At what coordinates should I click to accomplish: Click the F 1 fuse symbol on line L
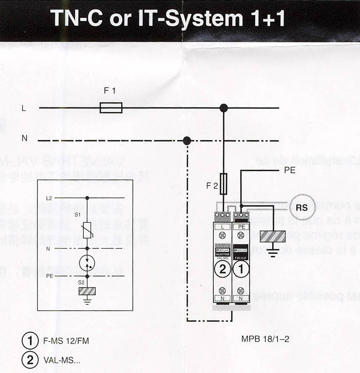point(111,107)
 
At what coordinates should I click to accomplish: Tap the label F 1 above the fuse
point(110,91)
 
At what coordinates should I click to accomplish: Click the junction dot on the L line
point(224,107)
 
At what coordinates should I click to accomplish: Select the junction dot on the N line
point(187,141)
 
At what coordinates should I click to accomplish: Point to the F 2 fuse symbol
point(224,182)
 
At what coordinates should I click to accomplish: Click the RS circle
point(302,207)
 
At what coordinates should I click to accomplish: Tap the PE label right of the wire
point(290,170)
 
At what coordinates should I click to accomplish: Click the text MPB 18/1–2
point(265,339)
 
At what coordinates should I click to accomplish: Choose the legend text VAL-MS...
point(62,360)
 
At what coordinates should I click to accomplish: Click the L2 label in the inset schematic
point(49,198)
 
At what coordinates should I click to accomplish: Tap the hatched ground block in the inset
point(87,291)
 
